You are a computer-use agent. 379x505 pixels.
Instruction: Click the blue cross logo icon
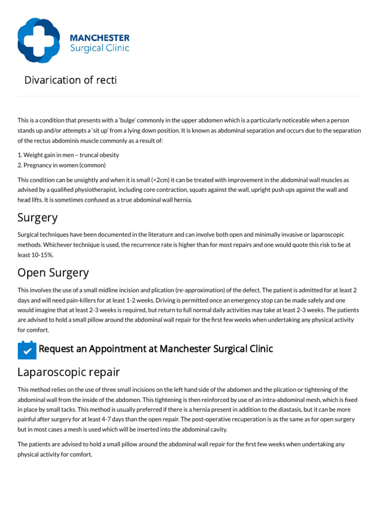39,40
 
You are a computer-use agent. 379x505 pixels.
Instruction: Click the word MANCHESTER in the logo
99,38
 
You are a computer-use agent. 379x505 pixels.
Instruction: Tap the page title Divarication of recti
71,80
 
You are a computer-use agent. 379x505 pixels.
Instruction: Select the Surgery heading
38,217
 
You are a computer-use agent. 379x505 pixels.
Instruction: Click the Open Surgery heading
53,272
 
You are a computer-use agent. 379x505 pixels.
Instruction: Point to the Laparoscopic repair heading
69,371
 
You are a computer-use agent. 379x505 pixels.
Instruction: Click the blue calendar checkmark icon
27,350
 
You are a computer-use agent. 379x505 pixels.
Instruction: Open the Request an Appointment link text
155,349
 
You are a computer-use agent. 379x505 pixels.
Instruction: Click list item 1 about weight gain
68,155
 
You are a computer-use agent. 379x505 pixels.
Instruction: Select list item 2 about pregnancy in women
61,165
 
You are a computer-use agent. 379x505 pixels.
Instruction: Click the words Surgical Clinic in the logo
99,48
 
